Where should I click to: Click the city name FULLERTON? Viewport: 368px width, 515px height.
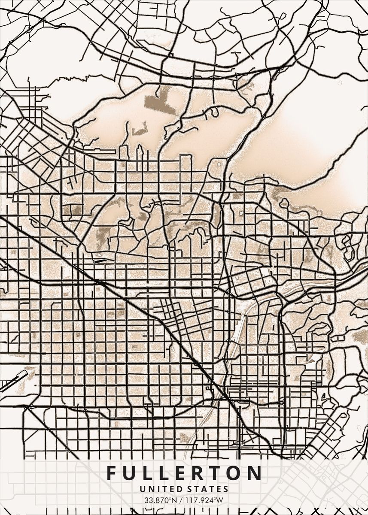[x=184, y=473]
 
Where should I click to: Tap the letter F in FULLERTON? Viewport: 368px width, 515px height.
[x=111, y=473]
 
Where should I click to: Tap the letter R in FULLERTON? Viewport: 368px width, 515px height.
[x=194, y=473]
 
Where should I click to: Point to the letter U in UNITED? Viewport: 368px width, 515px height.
[x=142, y=489]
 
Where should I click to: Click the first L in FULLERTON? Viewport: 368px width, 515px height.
[x=146, y=473]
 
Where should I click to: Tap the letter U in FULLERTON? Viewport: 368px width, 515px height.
[x=128, y=473]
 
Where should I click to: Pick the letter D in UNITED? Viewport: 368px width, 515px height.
[x=176, y=489]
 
